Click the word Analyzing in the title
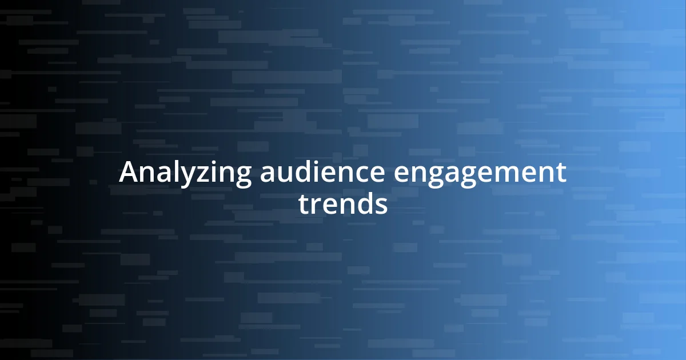point(185,173)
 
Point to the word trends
point(343,204)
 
